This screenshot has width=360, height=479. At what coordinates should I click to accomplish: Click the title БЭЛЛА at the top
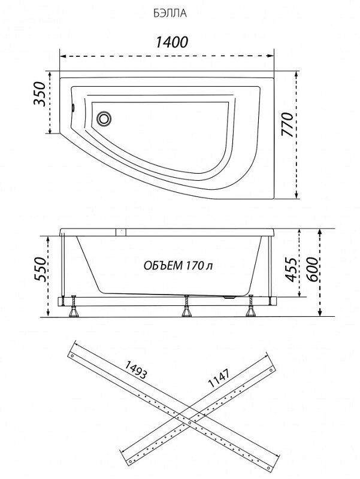(170, 14)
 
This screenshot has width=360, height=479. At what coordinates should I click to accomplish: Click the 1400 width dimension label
(172, 42)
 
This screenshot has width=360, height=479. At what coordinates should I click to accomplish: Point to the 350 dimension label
(40, 94)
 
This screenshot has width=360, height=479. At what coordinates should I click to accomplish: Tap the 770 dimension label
(287, 125)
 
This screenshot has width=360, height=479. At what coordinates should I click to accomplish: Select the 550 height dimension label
(40, 269)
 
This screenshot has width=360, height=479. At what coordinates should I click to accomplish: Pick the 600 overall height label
(311, 269)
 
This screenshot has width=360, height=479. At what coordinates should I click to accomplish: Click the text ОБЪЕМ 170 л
(178, 265)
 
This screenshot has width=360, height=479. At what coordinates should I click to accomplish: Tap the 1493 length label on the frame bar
(136, 369)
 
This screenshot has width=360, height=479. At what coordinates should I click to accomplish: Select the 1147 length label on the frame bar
(219, 378)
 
